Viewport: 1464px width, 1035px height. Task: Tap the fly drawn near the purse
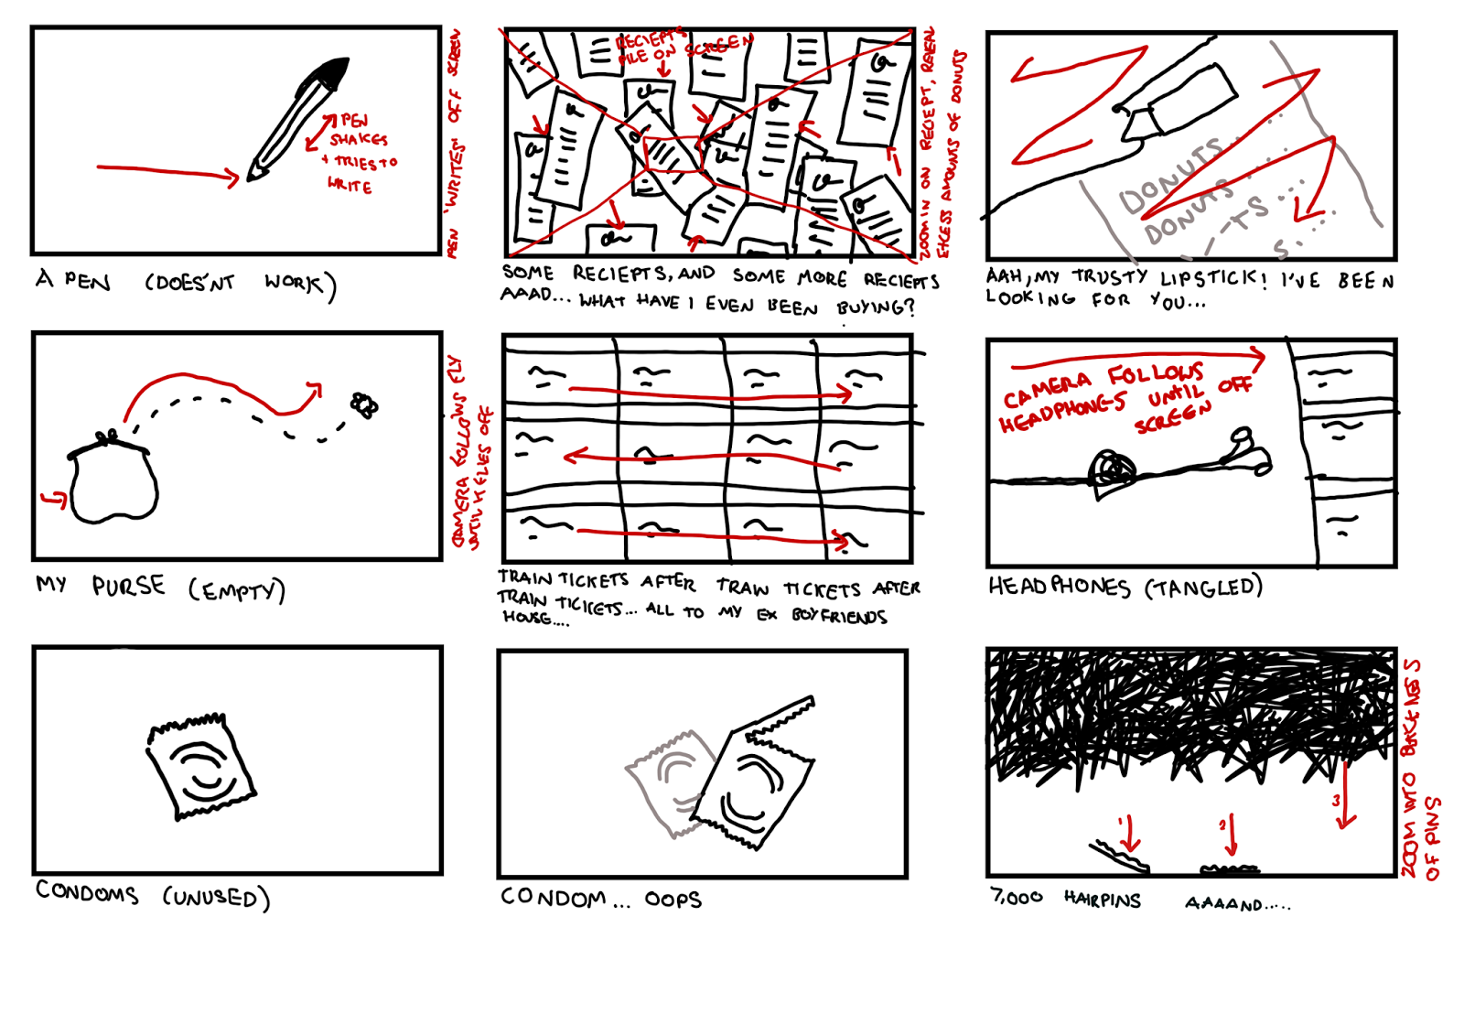(363, 404)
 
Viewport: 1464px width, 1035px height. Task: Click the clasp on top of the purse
(107, 437)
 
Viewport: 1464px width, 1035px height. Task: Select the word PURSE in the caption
(128, 586)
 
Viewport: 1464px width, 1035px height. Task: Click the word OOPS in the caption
(673, 900)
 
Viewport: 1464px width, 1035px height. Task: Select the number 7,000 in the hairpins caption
(1016, 898)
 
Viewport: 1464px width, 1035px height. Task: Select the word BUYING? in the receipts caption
(876, 307)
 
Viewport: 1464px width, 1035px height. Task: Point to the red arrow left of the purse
(54, 499)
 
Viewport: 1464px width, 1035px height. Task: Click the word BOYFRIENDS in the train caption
(839, 616)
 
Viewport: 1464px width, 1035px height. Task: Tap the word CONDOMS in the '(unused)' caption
(87, 892)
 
